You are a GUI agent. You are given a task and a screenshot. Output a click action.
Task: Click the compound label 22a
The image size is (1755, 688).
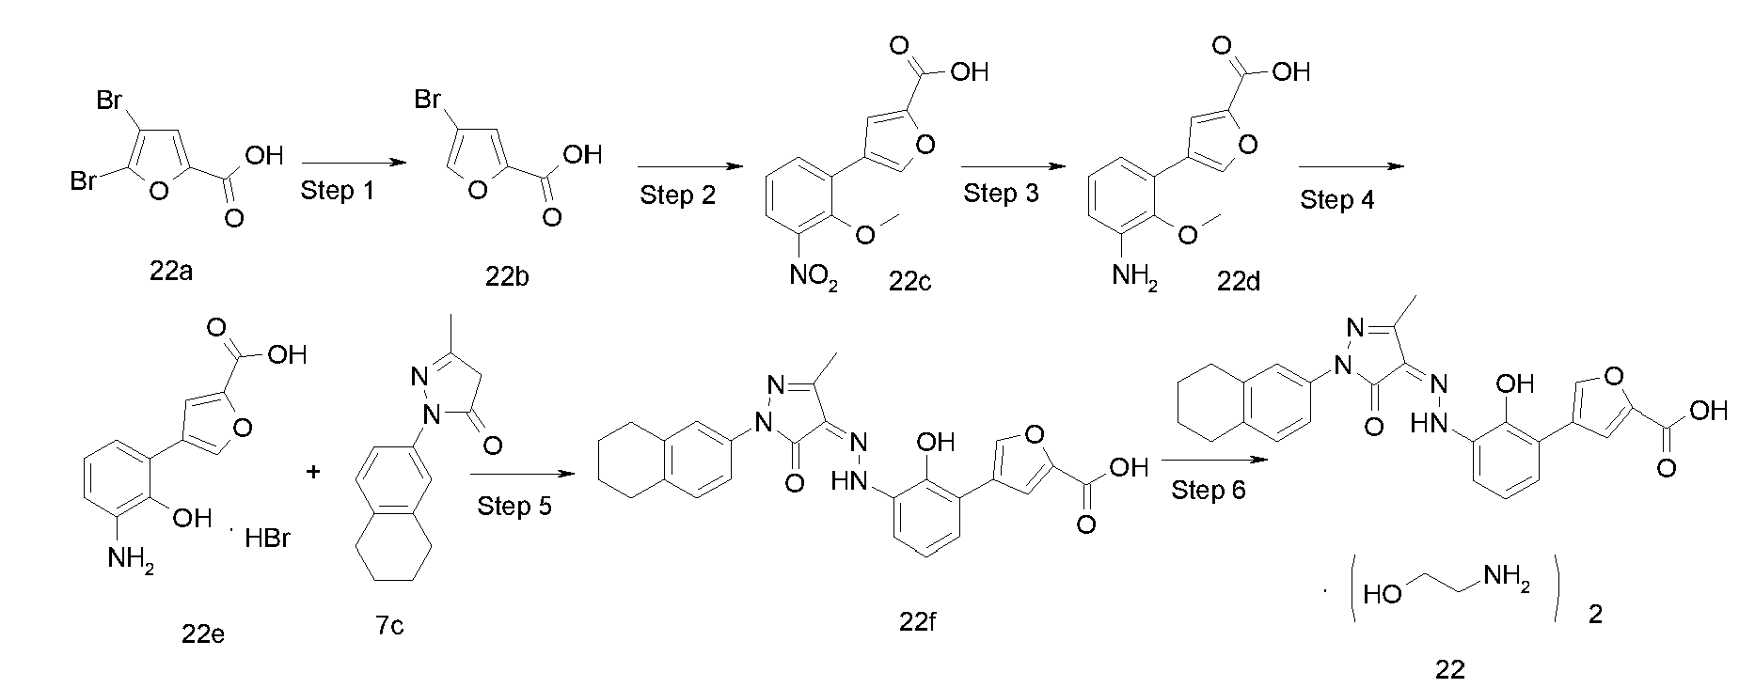point(171,274)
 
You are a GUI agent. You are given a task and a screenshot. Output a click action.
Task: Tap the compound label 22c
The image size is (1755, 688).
point(909,281)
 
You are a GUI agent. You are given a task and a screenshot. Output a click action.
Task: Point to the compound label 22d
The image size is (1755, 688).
point(1238,280)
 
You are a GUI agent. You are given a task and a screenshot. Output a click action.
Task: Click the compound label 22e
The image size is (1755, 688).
point(203,634)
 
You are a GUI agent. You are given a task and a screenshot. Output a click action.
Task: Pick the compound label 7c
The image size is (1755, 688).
point(388,625)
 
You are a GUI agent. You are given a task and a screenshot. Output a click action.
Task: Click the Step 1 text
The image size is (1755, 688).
point(338,191)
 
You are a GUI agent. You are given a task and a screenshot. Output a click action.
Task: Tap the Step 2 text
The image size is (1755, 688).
point(677,195)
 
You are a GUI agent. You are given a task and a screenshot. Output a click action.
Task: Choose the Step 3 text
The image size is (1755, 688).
point(1002,195)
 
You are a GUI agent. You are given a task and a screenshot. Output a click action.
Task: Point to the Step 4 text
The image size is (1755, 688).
point(1337,199)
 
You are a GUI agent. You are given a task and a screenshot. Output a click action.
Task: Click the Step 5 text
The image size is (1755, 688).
point(514,507)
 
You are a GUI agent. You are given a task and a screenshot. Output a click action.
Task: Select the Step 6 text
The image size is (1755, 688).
point(1209,491)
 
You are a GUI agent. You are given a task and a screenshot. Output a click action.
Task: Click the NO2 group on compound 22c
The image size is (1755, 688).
point(814,276)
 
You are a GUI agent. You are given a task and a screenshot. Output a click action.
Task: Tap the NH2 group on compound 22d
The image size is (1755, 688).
point(1134,276)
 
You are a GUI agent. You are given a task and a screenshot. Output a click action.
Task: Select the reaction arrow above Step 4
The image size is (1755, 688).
point(1351,166)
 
